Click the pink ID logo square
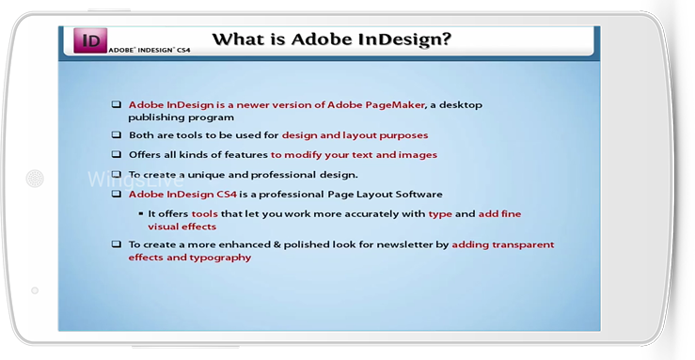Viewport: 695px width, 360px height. pyautogui.click(x=90, y=40)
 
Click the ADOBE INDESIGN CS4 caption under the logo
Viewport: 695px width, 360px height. pyautogui.click(x=150, y=50)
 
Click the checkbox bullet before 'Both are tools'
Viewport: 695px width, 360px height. pyautogui.click(x=116, y=134)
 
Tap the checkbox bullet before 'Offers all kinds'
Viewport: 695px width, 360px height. pyautogui.click(x=116, y=154)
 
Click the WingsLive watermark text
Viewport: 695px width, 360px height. pyautogui.click(x=135, y=180)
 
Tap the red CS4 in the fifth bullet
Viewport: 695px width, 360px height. pyautogui.click(x=227, y=195)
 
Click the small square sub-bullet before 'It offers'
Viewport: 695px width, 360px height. pyautogui.click(x=141, y=214)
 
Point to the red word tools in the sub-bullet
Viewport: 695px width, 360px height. pyautogui.click(x=204, y=214)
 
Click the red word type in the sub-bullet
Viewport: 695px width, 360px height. pyautogui.click(x=440, y=214)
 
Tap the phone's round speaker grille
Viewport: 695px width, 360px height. pyautogui.click(x=35, y=179)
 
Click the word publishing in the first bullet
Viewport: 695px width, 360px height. pyautogui.click(x=155, y=117)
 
